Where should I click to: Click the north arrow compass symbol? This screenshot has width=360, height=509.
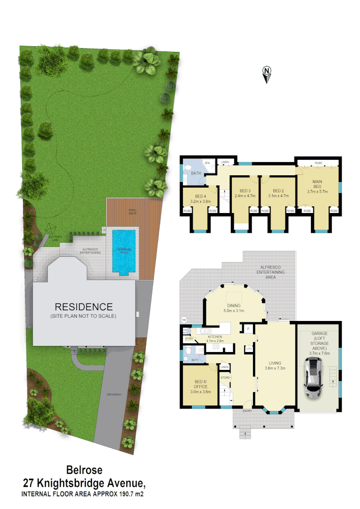[x=267, y=74]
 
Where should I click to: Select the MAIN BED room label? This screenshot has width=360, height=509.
[x=317, y=183]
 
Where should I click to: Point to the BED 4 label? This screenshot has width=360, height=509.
[x=201, y=196]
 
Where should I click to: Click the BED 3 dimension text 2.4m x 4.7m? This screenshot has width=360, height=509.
[x=245, y=196]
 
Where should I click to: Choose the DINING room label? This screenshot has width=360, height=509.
[x=233, y=306]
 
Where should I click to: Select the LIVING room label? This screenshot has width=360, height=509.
[x=275, y=363]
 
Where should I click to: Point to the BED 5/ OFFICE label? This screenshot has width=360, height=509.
[x=200, y=384]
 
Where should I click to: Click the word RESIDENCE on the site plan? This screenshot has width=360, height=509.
[x=83, y=307]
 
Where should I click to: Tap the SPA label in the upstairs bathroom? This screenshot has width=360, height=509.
[x=207, y=163]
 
